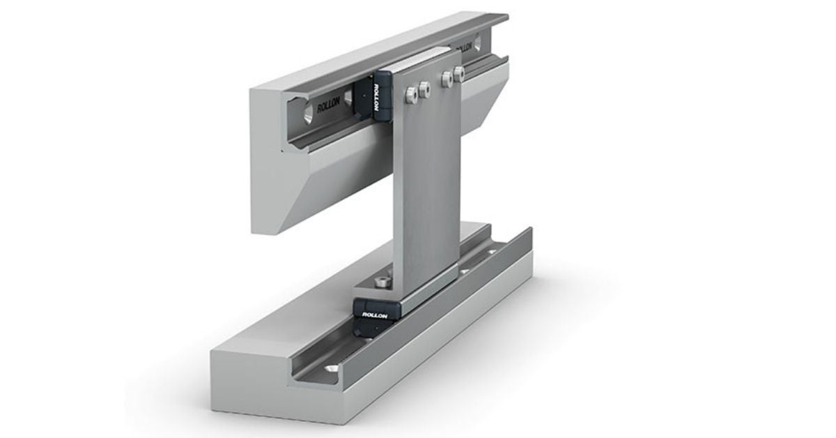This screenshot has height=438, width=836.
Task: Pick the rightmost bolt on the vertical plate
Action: coord(458,73)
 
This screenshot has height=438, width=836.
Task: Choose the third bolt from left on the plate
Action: coord(446,78)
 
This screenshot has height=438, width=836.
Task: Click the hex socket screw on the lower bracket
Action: coord(380,281)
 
